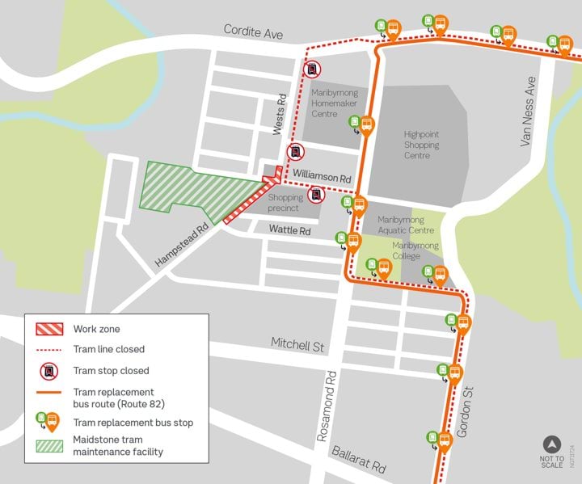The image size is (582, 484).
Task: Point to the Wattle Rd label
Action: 289,231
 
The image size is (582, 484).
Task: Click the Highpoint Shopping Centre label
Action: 421,145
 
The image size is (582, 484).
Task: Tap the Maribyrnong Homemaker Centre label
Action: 335,103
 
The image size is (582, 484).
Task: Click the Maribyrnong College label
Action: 415,250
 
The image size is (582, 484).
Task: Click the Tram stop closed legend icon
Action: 49,371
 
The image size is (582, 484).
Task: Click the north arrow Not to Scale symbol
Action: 552,444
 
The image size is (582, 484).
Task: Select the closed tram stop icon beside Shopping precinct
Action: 317,195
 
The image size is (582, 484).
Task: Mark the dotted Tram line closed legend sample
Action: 49,350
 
